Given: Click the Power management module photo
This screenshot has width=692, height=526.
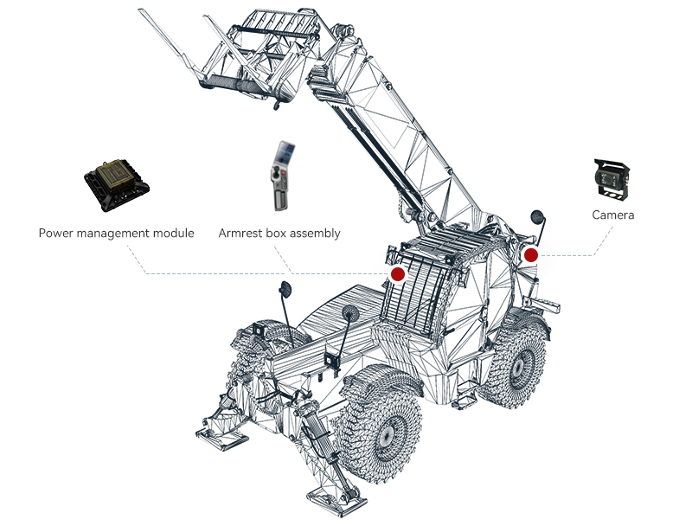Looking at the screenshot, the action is click(117, 185).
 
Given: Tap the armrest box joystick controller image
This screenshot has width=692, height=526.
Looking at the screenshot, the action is click(282, 176).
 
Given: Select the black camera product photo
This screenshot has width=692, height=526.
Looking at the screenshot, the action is click(612, 180).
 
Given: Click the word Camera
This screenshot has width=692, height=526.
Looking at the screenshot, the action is click(612, 215).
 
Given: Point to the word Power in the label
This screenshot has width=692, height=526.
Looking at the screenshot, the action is click(56, 233).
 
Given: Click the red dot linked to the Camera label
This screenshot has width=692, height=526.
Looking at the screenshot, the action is click(531, 254).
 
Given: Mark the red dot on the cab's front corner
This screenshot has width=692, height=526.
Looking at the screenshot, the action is click(398, 274).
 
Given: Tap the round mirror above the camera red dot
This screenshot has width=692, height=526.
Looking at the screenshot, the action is click(537, 216).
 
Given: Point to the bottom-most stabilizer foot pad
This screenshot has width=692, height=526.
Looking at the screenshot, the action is click(336, 502).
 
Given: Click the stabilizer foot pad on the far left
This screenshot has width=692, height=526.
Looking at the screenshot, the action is click(222, 438).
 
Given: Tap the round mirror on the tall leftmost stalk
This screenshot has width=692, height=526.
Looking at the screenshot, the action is click(285, 290).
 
